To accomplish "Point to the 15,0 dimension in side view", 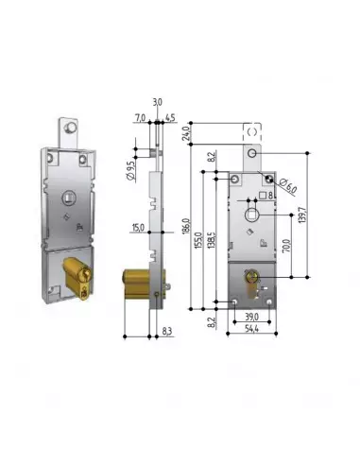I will pyautogui.click(x=138, y=226).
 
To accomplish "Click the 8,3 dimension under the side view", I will pyautogui.click(x=166, y=331).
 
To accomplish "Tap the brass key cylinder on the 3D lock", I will pyautogui.click(x=77, y=280).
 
